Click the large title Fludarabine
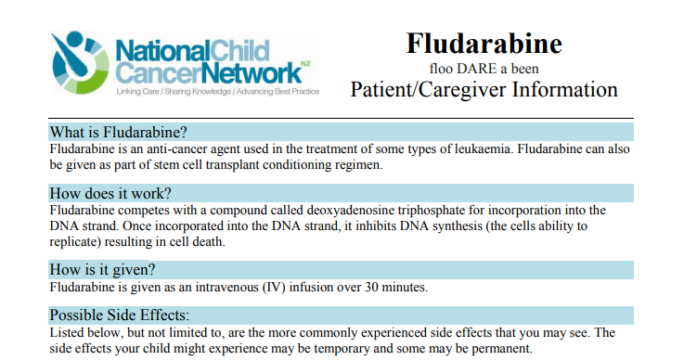pyautogui.click(x=484, y=43)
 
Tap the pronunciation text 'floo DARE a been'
pyautogui.click(x=484, y=68)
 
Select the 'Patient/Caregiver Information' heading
pyautogui.click(x=484, y=90)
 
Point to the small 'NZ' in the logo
pyautogui.click(x=305, y=64)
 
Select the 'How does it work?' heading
pyautogui.click(x=110, y=193)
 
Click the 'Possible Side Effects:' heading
pyautogui.click(x=119, y=315)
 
